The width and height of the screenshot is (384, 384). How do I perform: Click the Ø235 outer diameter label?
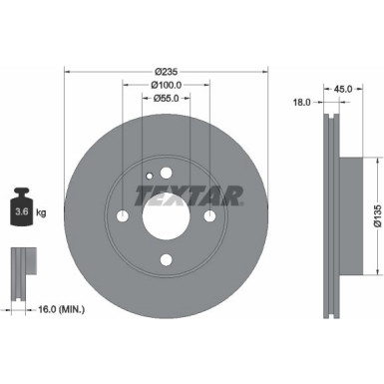click(167, 70)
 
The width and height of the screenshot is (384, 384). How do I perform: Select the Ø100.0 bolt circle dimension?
click(167, 85)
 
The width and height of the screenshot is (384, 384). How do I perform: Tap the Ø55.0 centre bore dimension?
click(167, 100)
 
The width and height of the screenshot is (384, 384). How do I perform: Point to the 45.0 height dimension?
click(346, 88)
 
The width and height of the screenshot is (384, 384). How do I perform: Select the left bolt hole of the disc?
click(124, 217)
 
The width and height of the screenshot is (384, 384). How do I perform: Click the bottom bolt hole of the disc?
click(167, 260)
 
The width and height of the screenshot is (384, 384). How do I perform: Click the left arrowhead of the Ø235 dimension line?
click(67, 70)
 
